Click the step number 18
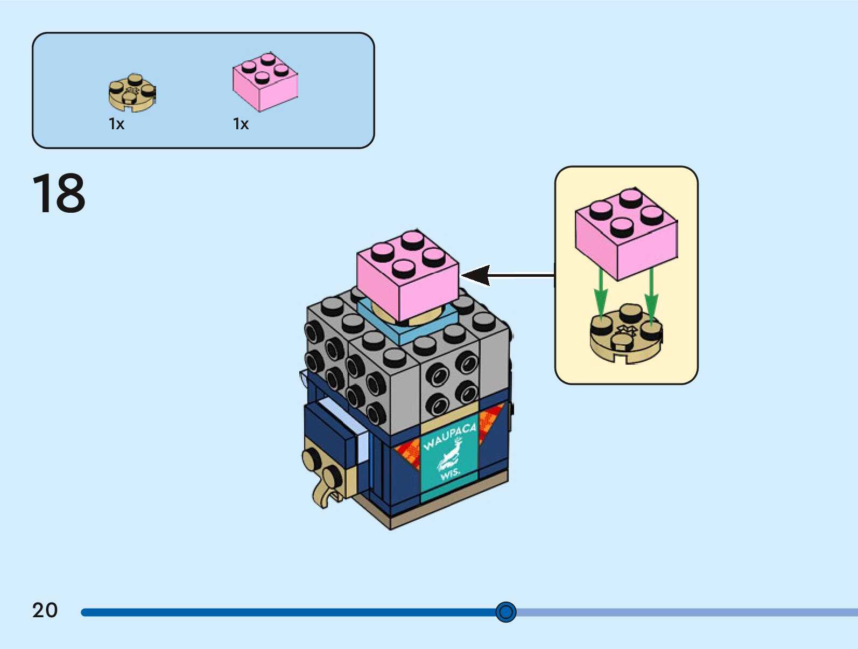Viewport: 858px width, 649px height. point(59,193)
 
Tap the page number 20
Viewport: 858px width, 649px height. point(45,610)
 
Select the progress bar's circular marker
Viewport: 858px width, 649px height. point(505,612)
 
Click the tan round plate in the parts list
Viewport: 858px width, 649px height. point(132,93)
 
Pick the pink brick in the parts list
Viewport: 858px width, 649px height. point(265,82)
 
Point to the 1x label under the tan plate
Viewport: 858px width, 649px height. point(116,124)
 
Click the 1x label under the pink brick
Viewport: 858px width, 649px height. point(241,124)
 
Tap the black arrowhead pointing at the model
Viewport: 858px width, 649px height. point(476,275)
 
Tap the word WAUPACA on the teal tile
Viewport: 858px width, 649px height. point(449,436)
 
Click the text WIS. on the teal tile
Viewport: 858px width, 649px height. point(450,474)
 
